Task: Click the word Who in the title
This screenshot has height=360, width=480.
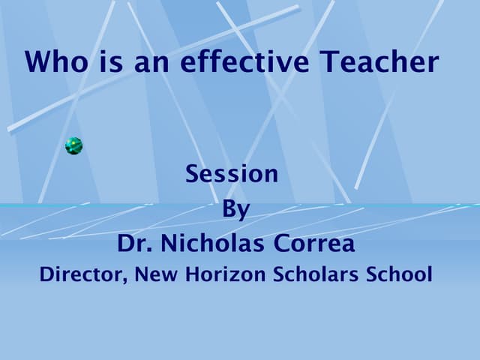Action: [x=56, y=61]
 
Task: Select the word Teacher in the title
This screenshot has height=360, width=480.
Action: [x=380, y=61]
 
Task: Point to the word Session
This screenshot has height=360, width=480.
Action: [x=232, y=174]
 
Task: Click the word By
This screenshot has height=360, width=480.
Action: [x=235, y=209]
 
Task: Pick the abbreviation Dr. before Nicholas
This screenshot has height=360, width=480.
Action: [x=133, y=244]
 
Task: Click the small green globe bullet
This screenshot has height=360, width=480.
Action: [x=73, y=146]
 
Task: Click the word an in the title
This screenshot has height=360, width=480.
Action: [x=151, y=61]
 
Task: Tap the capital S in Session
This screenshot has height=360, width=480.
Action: [x=192, y=174]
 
